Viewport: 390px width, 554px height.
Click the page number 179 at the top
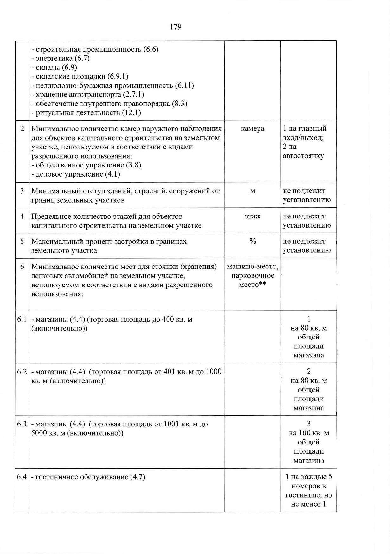pyautogui.click(x=176, y=27)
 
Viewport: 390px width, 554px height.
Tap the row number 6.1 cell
pyautogui.click(x=22, y=319)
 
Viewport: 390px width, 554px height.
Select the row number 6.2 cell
pyautogui.click(x=22, y=372)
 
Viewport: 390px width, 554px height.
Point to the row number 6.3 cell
pyautogui.click(x=22, y=424)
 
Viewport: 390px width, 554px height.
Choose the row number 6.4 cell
pyautogui.click(x=22, y=477)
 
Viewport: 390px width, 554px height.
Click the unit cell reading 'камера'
pyautogui.click(x=253, y=129)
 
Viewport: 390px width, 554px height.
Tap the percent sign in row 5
pyautogui.click(x=253, y=242)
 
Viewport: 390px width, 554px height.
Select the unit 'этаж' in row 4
pyautogui.click(x=253, y=217)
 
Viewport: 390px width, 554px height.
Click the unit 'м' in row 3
pyautogui.click(x=253, y=191)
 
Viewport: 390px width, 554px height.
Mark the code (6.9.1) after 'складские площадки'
pyautogui.click(x=118, y=77)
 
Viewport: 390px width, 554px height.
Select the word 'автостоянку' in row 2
pyautogui.click(x=303, y=156)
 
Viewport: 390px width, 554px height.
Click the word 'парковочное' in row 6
pyautogui.click(x=253, y=276)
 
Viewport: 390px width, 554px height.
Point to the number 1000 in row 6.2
pyautogui.click(x=214, y=372)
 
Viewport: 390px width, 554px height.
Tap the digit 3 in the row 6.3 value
pyautogui.click(x=309, y=424)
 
